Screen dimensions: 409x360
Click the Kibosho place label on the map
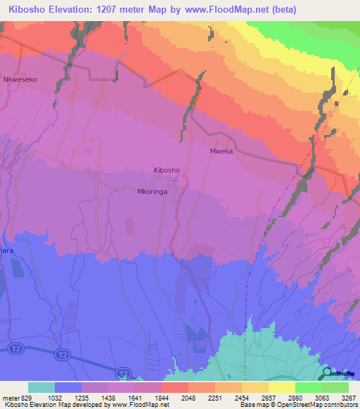[x=167, y=170]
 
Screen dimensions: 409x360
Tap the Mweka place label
[x=221, y=151]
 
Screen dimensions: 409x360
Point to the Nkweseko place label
[x=20, y=80]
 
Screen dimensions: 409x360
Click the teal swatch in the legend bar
[x=41, y=387]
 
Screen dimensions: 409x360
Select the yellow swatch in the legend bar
[x=281, y=387]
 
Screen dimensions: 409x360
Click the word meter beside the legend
[x=10, y=398]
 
